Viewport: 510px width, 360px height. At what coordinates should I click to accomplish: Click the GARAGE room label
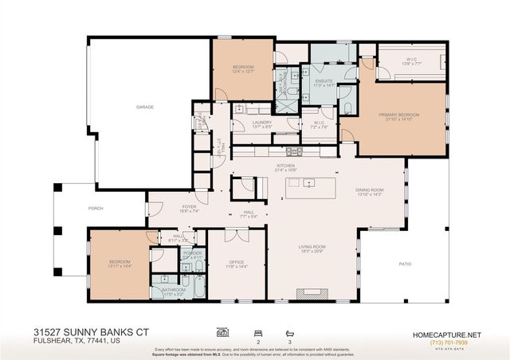pyautogui.click(x=144, y=107)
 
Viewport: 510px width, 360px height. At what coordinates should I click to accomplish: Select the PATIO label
pyautogui.click(x=404, y=264)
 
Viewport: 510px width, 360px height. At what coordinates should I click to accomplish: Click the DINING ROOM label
pyautogui.click(x=369, y=190)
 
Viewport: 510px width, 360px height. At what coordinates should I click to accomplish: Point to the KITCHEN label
pyautogui.click(x=284, y=166)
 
